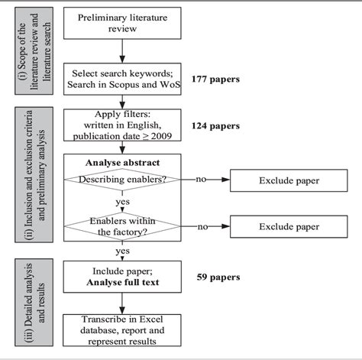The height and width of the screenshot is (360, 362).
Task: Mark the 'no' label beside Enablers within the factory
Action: [202, 226]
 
